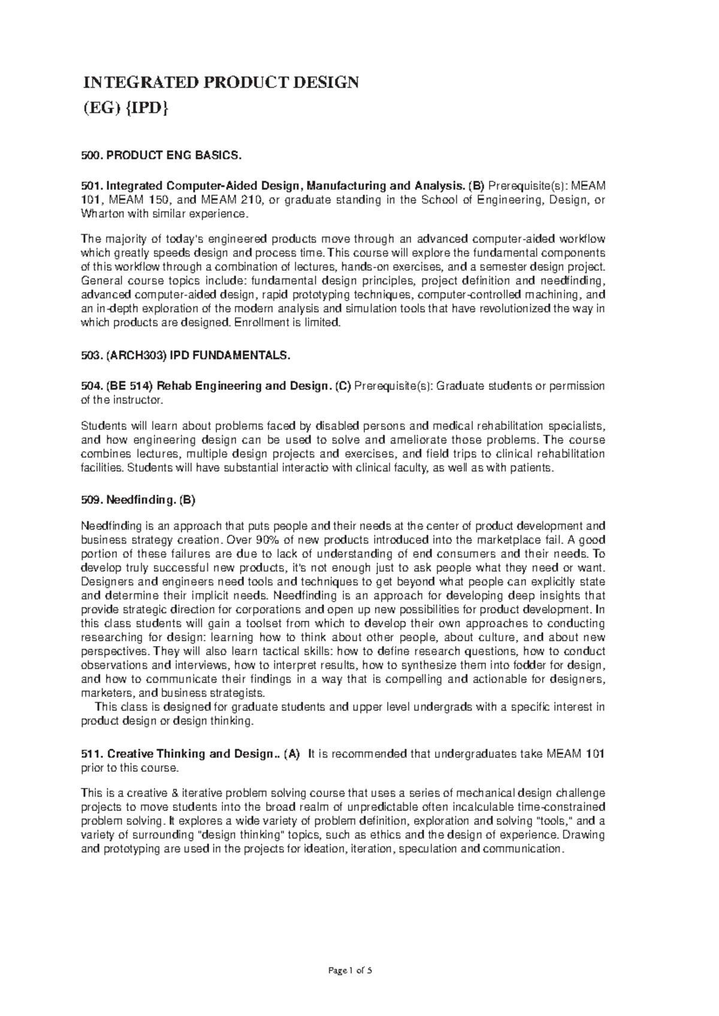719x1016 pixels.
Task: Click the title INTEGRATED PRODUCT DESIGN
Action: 220,82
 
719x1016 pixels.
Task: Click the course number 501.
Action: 92,186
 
